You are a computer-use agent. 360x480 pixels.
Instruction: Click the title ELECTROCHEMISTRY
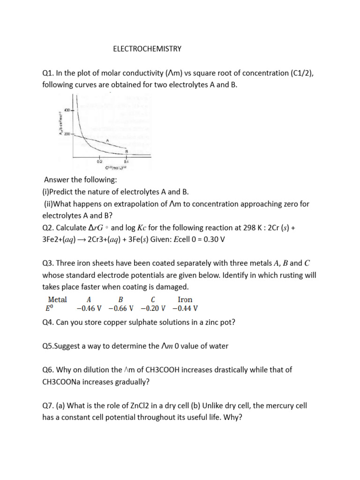[147, 49]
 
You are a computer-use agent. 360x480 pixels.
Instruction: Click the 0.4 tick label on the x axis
[126, 161]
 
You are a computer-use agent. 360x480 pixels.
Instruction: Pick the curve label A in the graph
[107, 140]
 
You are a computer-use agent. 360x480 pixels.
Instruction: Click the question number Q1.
[49, 73]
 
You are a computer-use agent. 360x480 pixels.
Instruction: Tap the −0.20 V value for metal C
[153, 308]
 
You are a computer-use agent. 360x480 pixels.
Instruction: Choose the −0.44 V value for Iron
[185, 308]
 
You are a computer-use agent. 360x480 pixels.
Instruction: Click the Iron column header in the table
[185, 299]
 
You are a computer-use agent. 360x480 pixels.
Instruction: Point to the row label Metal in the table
[58, 299]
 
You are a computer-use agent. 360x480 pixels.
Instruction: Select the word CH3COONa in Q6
[62, 382]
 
